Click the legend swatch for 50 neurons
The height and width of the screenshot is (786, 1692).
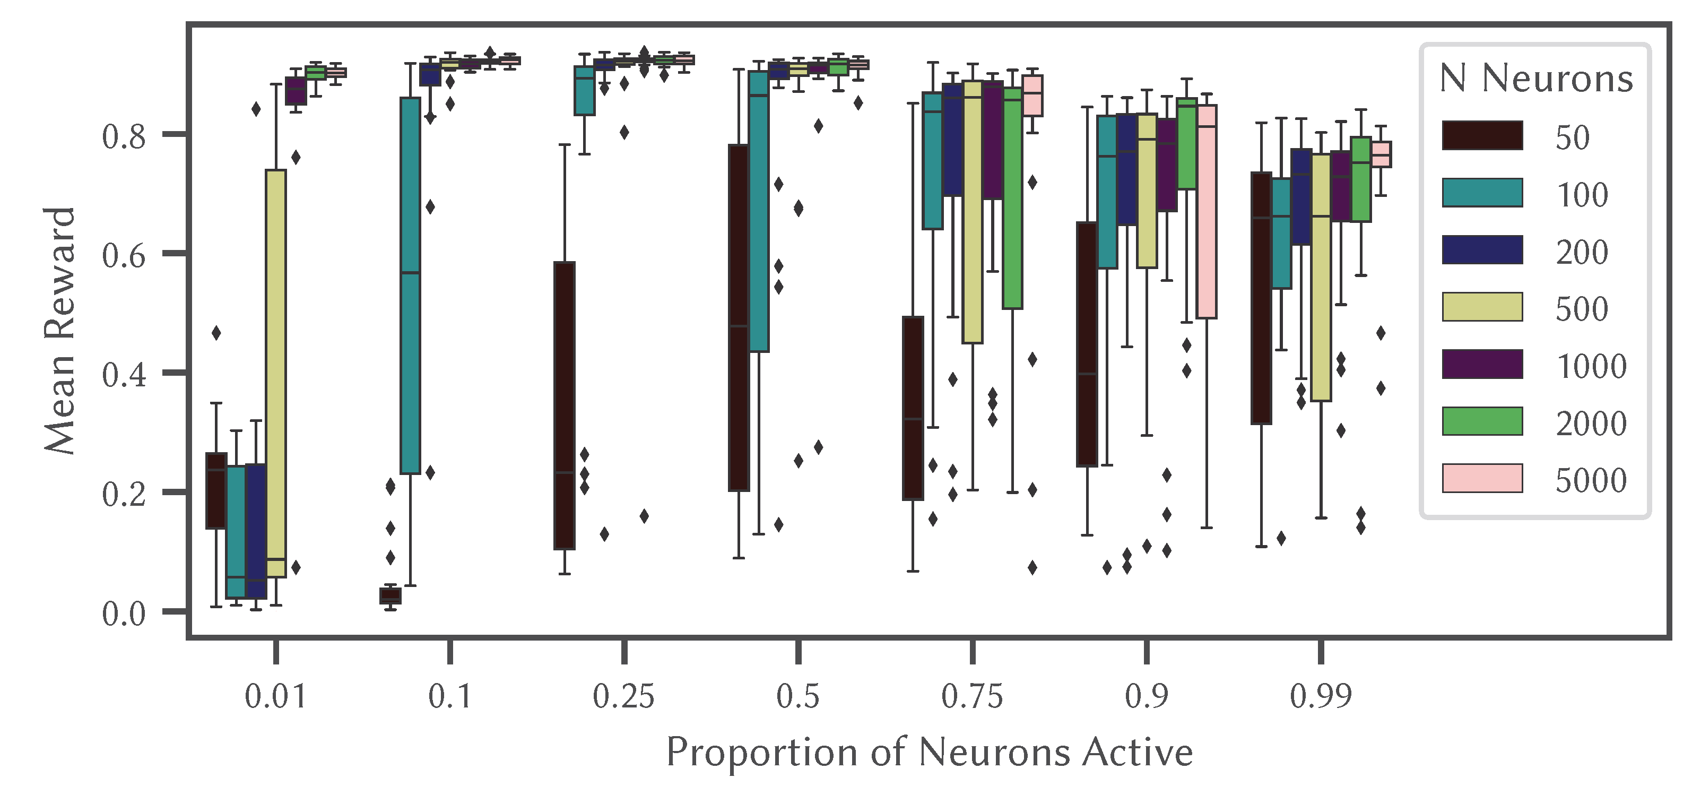pos(1482,135)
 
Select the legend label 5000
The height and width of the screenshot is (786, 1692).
pos(1590,480)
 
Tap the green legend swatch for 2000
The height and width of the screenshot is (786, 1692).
pos(1482,421)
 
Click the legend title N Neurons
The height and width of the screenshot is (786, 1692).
pos(1535,79)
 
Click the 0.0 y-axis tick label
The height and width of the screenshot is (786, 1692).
pos(124,614)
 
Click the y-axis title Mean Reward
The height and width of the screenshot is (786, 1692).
pos(60,331)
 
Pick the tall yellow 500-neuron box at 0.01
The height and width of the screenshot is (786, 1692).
pos(276,373)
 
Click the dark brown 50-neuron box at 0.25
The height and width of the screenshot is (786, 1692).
pos(564,405)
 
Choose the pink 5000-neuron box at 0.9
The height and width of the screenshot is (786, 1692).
pos(1206,212)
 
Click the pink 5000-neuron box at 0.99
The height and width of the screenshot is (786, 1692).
pos(1381,154)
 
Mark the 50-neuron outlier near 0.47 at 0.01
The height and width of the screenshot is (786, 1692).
pos(216,333)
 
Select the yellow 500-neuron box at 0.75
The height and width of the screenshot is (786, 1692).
pos(972,212)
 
